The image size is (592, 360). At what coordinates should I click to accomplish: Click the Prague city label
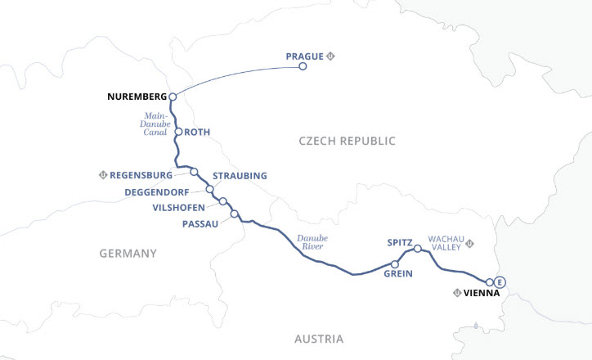click(x=304, y=56)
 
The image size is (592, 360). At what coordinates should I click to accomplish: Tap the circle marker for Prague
click(x=303, y=66)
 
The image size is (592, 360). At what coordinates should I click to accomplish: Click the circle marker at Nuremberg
click(x=173, y=97)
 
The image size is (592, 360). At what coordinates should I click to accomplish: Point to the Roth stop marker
click(x=178, y=131)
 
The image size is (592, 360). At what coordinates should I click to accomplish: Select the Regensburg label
click(x=141, y=175)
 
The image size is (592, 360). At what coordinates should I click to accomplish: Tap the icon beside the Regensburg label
click(x=103, y=175)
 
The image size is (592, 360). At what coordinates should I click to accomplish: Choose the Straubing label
click(x=240, y=176)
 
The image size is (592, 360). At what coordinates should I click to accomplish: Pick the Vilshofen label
click(x=178, y=208)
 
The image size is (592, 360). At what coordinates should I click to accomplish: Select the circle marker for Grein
click(x=395, y=264)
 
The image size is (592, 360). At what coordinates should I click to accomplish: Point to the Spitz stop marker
click(x=417, y=249)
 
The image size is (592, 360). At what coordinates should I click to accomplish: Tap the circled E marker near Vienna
click(x=500, y=282)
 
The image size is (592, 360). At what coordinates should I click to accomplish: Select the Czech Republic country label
click(x=347, y=142)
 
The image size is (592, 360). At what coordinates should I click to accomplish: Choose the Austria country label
click(x=320, y=339)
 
